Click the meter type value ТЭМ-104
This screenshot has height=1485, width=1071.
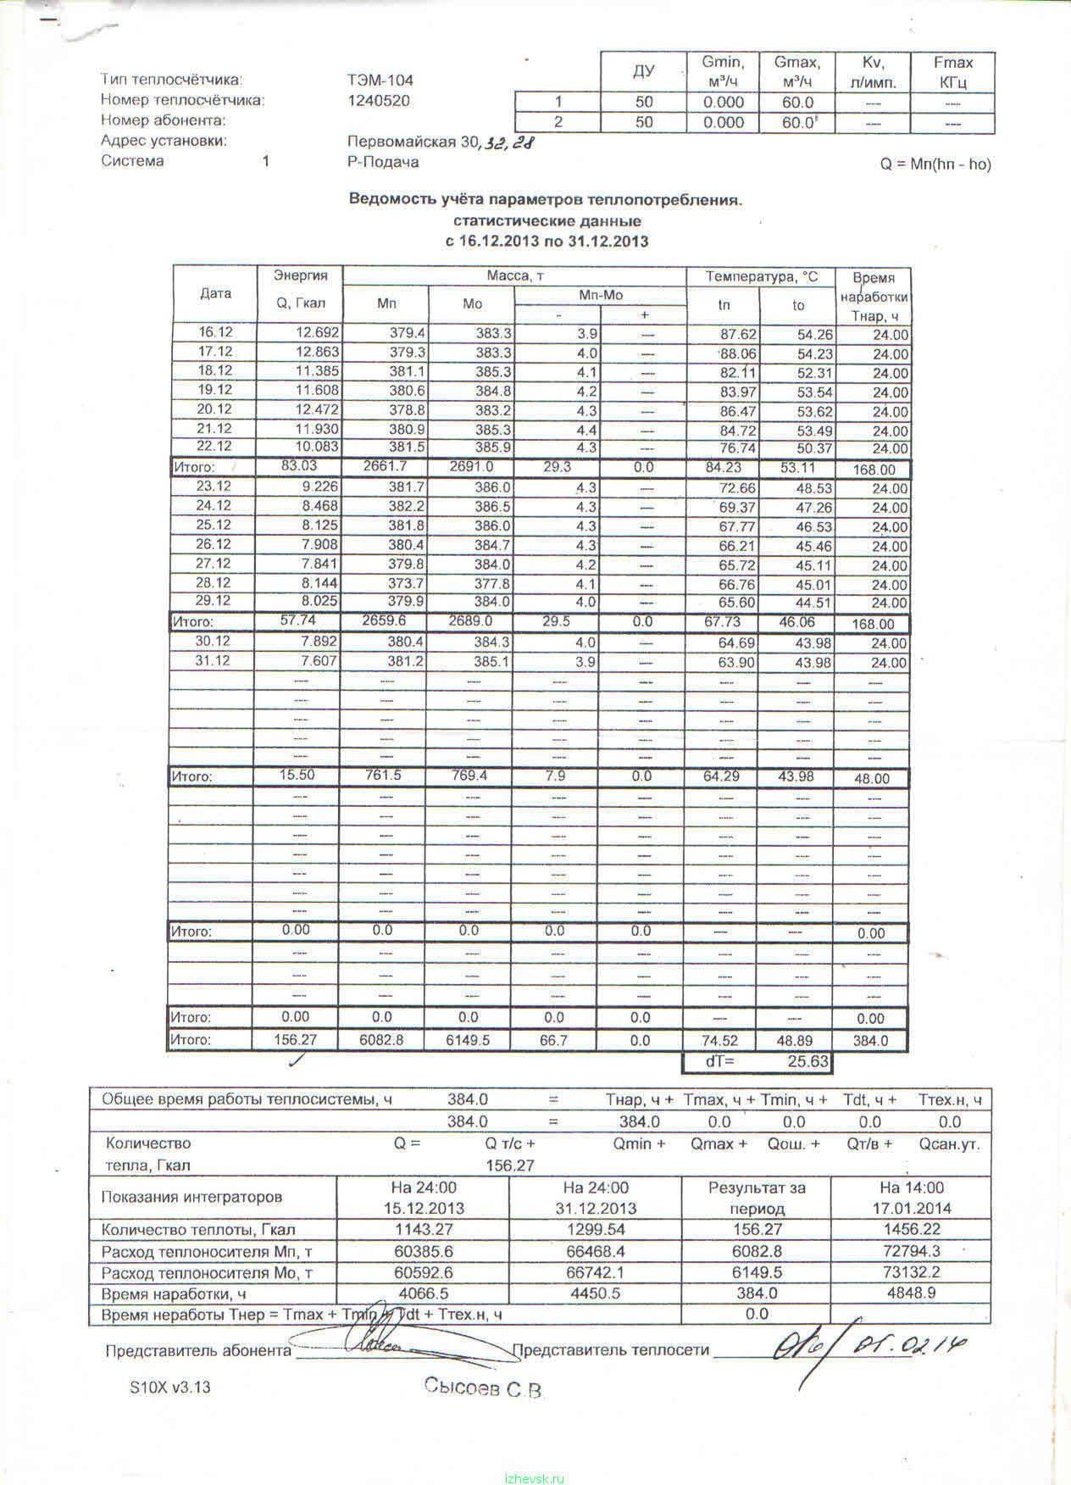click(x=380, y=81)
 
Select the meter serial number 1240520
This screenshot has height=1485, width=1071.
click(x=379, y=101)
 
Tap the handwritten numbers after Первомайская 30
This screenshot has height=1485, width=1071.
click(x=509, y=143)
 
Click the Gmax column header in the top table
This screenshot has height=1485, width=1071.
click(x=796, y=72)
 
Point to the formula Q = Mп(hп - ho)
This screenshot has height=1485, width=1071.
click(x=935, y=164)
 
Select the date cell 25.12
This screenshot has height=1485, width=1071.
click(x=214, y=525)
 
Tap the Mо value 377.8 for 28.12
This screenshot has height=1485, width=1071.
click(x=492, y=584)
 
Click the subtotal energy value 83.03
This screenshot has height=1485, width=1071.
click(x=298, y=465)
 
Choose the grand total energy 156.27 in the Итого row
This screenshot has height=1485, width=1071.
click(x=296, y=1040)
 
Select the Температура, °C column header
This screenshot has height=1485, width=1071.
click(x=762, y=276)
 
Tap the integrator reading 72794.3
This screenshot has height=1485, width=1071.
click(x=911, y=1251)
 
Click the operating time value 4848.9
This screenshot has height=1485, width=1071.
click(x=911, y=1293)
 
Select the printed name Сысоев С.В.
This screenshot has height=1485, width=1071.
click(x=482, y=1388)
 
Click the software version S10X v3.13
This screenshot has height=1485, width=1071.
click(x=169, y=1388)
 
